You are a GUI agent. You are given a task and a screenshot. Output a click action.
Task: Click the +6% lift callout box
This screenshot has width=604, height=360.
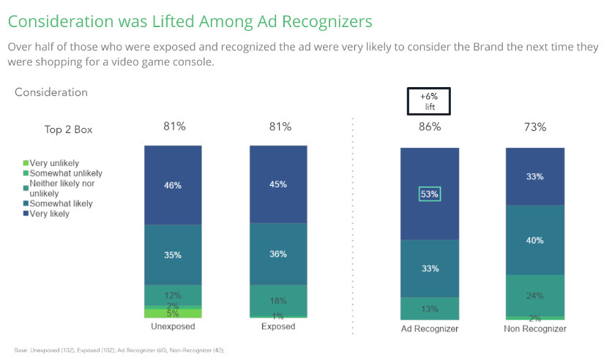[429, 102]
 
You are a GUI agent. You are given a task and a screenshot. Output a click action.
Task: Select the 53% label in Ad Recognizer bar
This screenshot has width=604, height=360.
[429, 194]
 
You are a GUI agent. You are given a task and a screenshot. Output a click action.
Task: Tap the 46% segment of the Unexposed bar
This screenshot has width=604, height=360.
[173, 186]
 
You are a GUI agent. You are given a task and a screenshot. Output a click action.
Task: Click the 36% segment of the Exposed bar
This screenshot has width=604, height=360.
[278, 254]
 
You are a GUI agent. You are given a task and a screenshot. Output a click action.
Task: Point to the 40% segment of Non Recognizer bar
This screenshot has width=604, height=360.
[534, 239]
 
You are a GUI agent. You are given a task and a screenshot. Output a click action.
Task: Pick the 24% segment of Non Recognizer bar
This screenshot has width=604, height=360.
[534, 296]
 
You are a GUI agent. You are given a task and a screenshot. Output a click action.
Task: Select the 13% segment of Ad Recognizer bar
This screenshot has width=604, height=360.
[429, 308]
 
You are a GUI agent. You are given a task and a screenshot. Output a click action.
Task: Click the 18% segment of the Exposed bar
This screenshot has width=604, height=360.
[278, 300]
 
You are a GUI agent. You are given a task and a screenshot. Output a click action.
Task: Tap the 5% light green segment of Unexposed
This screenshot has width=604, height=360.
[173, 313]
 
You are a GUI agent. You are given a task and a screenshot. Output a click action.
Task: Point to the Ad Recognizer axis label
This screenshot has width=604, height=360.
[429, 329]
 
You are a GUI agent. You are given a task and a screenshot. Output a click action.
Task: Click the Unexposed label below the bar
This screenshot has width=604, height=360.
[173, 326]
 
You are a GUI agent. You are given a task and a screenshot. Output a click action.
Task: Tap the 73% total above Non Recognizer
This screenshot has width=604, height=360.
[534, 127]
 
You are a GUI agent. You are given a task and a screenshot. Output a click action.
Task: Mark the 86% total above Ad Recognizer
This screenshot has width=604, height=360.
[429, 127]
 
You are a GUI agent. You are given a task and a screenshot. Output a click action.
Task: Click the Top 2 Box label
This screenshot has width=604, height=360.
[69, 130]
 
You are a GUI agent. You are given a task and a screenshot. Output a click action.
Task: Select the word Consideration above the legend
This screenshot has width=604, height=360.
[51, 92]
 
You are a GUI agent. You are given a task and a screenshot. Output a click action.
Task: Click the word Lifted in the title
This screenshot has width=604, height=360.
[154, 21]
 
